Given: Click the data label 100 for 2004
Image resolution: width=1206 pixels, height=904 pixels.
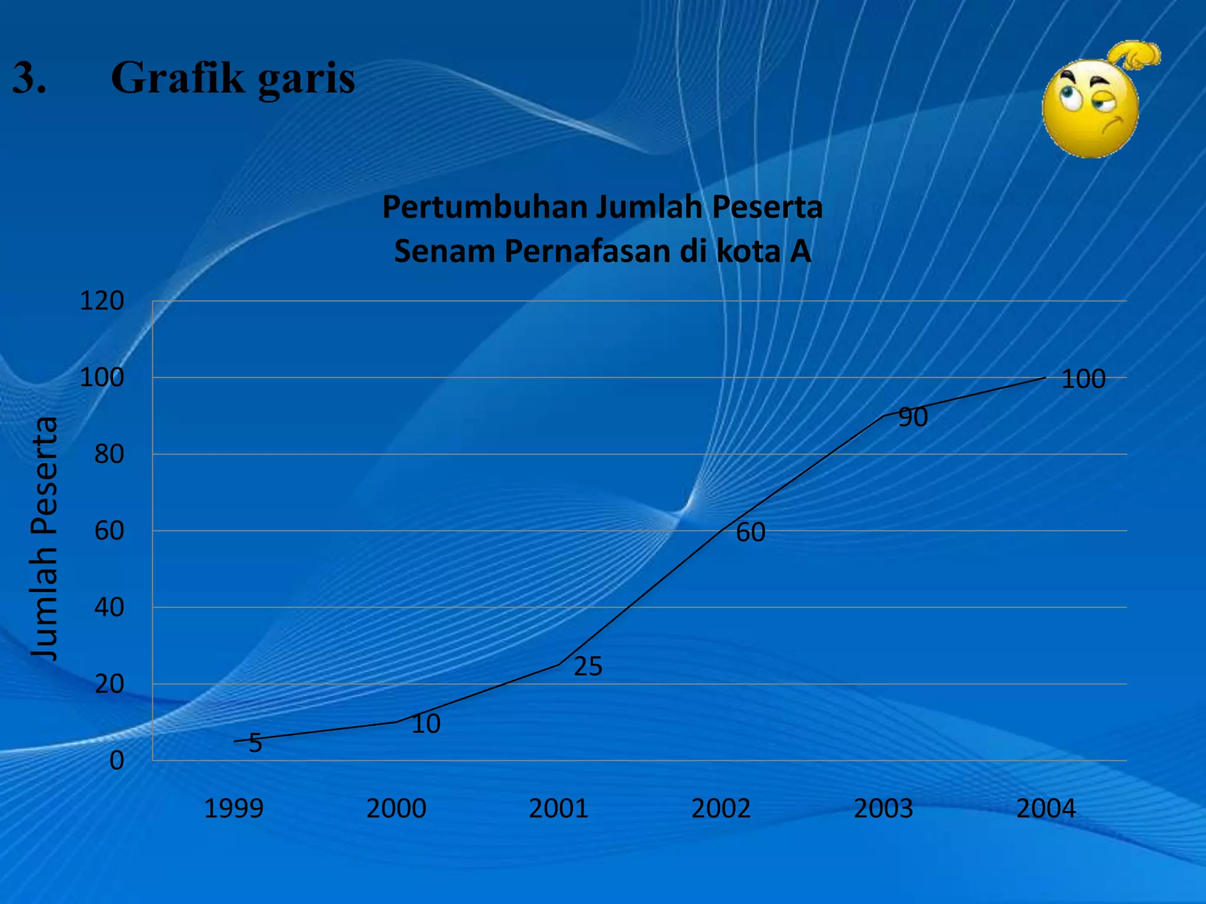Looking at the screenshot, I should tap(1083, 380).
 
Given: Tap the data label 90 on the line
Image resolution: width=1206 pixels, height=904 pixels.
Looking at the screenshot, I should tap(913, 417).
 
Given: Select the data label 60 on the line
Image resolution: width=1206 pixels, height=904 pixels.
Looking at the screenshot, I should tap(751, 533).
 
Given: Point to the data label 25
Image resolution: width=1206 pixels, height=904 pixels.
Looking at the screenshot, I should tap(588, 667).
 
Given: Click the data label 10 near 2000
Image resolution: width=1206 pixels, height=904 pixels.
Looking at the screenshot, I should tap(426, 724).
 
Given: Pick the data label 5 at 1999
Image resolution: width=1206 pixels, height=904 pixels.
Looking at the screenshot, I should tap(255, 743).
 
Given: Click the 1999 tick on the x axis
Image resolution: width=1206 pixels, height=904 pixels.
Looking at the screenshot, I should tap(233, 809).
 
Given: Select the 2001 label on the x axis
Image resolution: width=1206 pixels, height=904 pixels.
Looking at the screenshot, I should tap(558, 809).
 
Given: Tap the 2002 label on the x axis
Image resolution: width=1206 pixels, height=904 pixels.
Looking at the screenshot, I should tap(721, 809).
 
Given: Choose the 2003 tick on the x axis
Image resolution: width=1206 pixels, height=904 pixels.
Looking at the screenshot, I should tap(883, 809).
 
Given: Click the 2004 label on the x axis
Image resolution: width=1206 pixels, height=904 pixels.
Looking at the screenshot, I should tap(1046, 809).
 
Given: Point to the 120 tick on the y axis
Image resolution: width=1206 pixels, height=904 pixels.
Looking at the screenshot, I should tap(102, 301).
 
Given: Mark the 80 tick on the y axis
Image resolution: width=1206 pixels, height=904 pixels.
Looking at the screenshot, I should tap(109, 454).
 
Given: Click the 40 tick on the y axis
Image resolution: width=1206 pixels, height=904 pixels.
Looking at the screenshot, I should tap(109, 607).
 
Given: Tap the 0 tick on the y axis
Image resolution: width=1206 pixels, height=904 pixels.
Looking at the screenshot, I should tap(117, 761).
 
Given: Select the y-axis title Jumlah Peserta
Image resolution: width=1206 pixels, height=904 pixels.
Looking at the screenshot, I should tap(45, 539).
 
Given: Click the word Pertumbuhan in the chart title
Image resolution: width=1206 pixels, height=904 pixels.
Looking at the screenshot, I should tap(485, 207).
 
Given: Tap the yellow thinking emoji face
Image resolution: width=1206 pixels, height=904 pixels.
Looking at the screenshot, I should tap(1091, 109).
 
